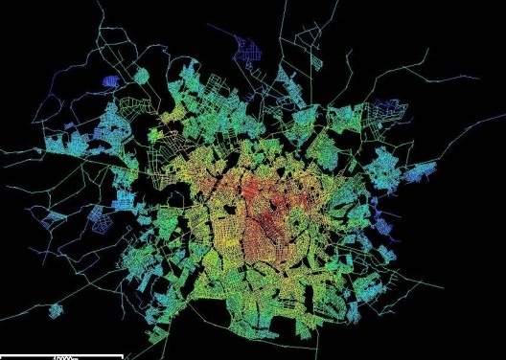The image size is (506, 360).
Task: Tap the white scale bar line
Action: click(61, 354)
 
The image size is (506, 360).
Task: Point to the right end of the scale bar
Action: click(122, 354)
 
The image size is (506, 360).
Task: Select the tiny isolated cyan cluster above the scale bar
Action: click(56, 311)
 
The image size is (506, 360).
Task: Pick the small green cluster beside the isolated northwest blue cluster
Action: click(141, 74)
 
